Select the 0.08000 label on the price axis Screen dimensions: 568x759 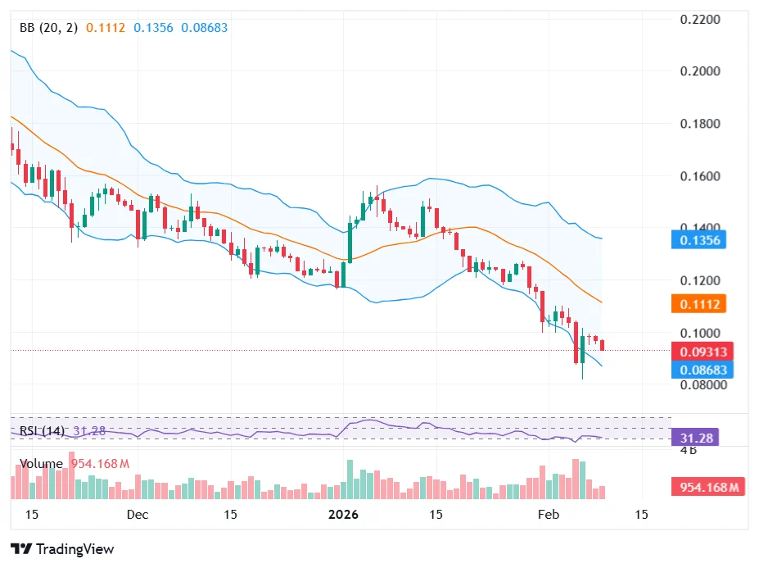click(x=702, y=385)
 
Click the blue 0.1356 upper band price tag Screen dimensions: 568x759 click(x=700, y=240)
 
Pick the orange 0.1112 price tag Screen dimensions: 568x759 click(x=700, y=304)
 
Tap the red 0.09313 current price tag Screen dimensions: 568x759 click(x=702, y=352)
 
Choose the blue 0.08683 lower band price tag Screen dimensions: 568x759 click(x=702, y=370)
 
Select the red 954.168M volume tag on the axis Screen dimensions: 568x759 click(x=709, y=488)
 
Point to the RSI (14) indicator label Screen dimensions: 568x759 click(x=42, y=431)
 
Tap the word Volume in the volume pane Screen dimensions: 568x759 click(x=42, y=464)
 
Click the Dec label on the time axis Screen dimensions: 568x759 click(x=138, y=515)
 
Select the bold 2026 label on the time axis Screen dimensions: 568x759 click(x=343, y=515)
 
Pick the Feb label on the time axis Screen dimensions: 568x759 click(x=547, y=515)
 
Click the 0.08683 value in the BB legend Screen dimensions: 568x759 click(x=205, y=28)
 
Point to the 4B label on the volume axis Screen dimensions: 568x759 click(x=689, y=450)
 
